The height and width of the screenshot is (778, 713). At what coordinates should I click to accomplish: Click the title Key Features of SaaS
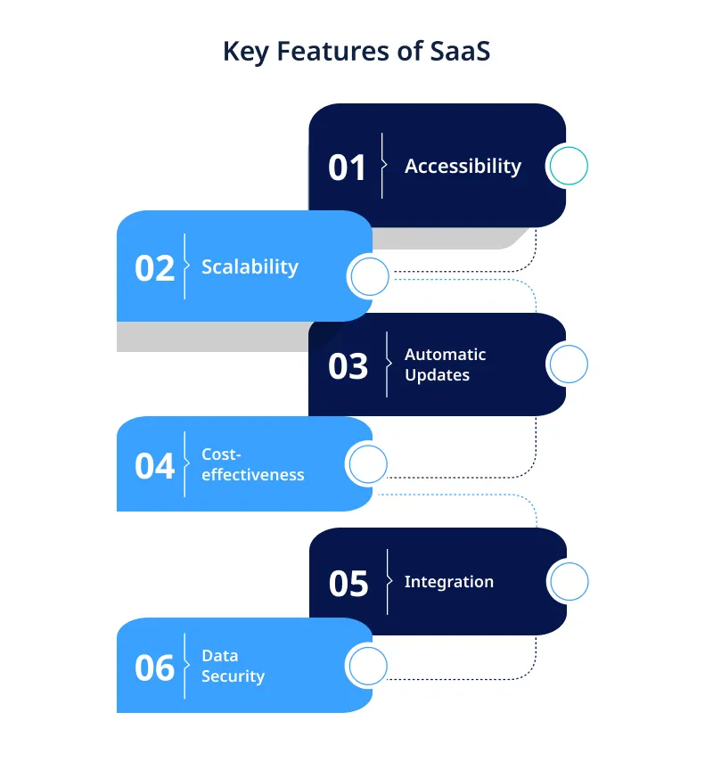pos(356,52)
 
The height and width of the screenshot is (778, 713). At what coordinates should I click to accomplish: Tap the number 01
pos(348,168)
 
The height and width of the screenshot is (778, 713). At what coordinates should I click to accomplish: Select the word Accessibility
pos(463,167)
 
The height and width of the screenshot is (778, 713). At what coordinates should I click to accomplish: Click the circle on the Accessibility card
pos(568,166)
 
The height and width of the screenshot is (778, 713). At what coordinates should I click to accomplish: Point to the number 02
pos(154,268)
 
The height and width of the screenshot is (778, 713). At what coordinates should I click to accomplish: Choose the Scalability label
pos(250,267)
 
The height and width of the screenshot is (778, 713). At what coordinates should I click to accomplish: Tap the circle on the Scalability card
pos(369,277)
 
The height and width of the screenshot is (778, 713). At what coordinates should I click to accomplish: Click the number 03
pos(348,366)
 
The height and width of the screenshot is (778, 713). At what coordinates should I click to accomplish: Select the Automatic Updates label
pos(445,364)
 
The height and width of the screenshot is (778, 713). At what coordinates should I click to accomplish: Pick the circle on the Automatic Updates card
pos(568,364)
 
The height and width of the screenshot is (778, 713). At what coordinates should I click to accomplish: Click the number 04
pos(154,466)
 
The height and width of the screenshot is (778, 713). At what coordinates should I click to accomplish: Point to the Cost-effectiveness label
pos(252,464)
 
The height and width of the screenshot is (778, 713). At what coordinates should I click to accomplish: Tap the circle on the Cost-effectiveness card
pos(367,464)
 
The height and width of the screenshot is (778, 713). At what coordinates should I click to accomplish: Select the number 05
pos(348,584)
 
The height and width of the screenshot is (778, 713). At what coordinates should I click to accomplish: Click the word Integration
pos(448,582)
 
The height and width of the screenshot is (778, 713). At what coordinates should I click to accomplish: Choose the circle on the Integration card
pos(568,582)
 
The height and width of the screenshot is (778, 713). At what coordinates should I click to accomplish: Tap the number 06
pos(154,667)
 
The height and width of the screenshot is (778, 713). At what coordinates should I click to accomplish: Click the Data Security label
pos(233,666)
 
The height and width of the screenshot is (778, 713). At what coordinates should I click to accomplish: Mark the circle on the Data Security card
pos(367,666)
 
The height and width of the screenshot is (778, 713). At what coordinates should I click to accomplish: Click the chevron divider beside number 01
pos(383,166)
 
